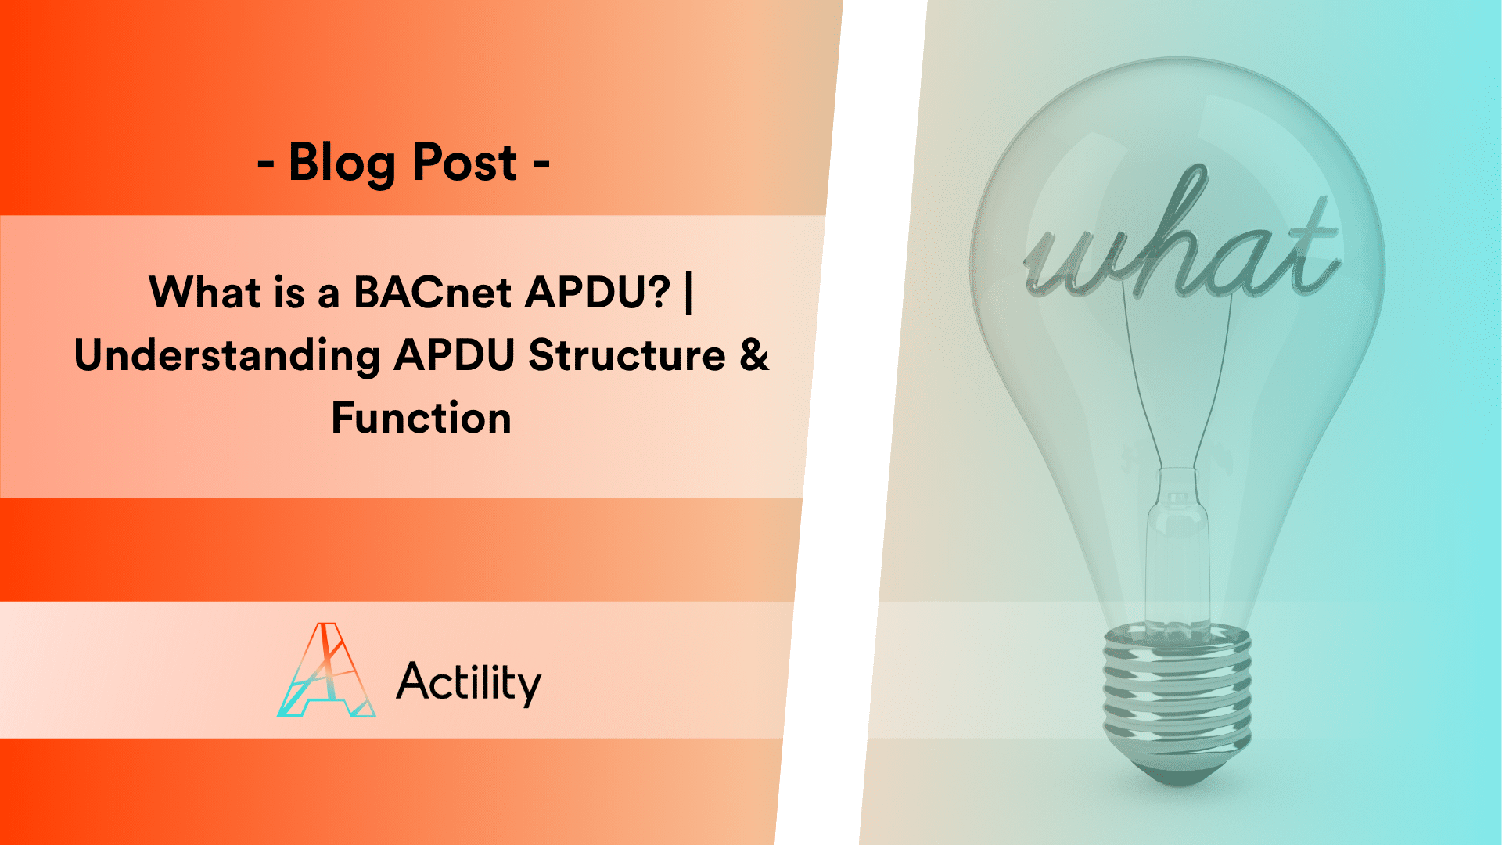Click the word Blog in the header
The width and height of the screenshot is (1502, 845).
point(341,164)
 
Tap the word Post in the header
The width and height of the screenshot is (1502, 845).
point(465,164)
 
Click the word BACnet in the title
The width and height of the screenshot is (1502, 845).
point(433,293)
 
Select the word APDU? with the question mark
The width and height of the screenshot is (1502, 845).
point(598,293)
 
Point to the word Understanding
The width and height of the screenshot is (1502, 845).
point(227,356)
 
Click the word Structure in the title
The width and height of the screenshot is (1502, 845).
point(627,356)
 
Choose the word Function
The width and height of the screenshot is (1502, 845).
point(422,418)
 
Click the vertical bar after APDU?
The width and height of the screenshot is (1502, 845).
point(688,293)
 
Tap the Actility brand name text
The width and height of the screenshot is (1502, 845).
point(469,682)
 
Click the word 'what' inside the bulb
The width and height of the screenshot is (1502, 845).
point(1181,243)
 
